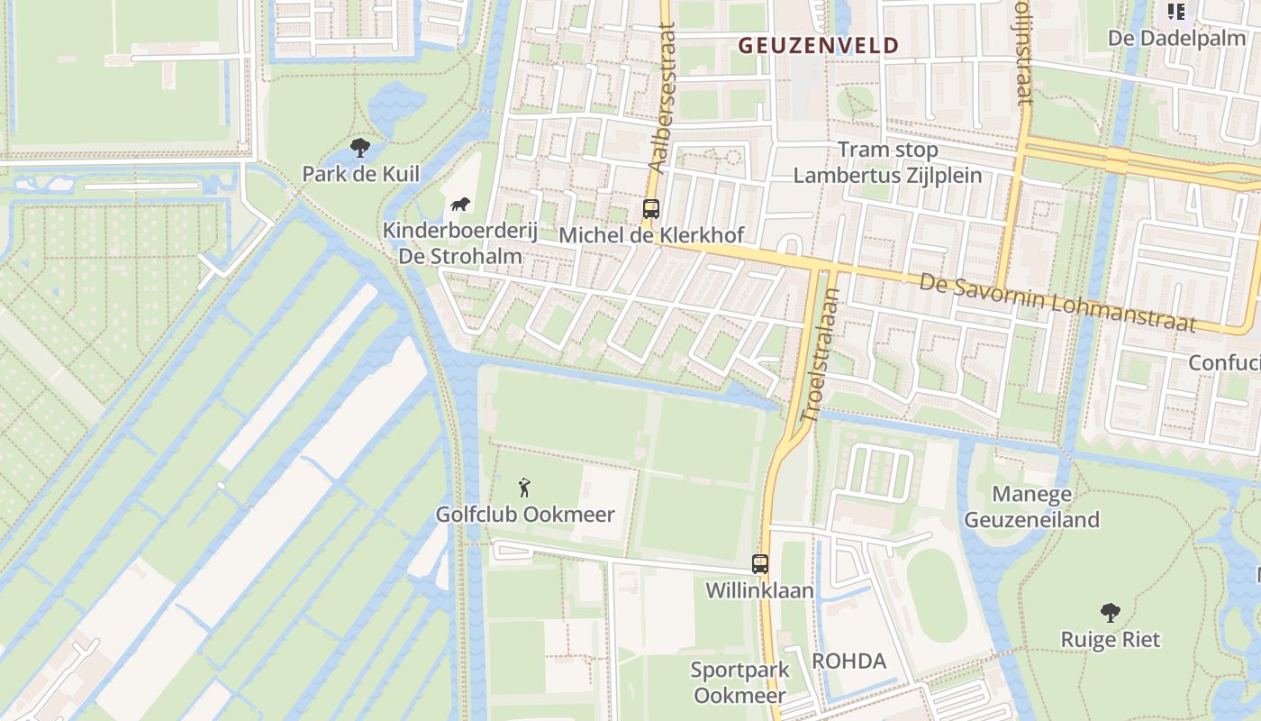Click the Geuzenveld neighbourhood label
coord(819,46)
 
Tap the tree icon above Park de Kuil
coord(360,148)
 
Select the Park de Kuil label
coord(360,173)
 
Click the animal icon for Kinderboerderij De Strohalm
coord(460,205)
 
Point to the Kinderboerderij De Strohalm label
coord(460,242)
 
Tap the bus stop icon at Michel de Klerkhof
coord(651,209)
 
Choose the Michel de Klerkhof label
coord(651,235)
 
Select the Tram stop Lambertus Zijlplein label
coord(887,162)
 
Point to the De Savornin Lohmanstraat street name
coord(1057,303)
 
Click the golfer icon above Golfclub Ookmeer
coord(524,488)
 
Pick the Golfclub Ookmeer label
coord(525,515)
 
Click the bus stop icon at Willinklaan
coord(760,564)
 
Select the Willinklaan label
coord(759,591)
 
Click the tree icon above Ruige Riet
coord(1111,614)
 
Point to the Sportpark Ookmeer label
coord(739,682)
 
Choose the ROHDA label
coord(848,661)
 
